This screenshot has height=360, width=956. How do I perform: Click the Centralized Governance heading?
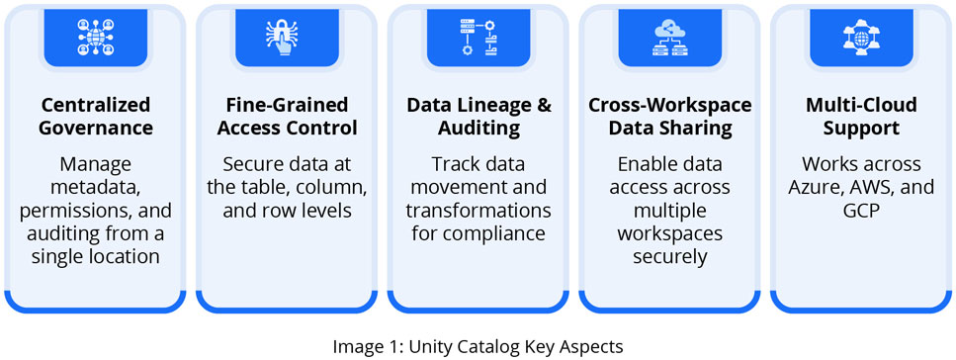[x=96, y=116]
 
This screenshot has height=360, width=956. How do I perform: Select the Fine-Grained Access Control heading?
[x=287, y=116]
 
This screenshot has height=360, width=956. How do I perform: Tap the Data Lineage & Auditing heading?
[x=478, y=116]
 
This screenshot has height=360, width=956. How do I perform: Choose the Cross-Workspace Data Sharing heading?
[x=669, y=116]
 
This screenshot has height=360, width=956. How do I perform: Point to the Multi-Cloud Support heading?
[x=861, y=116]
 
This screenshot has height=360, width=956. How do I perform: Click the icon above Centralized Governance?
[x=96, y=37]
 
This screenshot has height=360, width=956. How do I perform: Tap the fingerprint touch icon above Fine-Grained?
[x=287, y=37]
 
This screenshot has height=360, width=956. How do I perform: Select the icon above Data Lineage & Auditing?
[x=478, y=37]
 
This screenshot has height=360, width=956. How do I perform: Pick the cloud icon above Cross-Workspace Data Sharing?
[x=669, y=37]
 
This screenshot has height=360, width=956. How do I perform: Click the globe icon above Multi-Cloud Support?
[x=861, y=37]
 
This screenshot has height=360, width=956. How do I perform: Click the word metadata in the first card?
[x=96, y=188]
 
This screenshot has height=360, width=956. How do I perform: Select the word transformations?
[x=478, y=211]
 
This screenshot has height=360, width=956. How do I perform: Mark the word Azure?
[x=820, y=187]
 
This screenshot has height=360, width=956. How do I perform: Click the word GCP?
[x=861, y=211]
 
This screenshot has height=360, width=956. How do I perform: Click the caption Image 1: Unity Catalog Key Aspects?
[x=478, y=346]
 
